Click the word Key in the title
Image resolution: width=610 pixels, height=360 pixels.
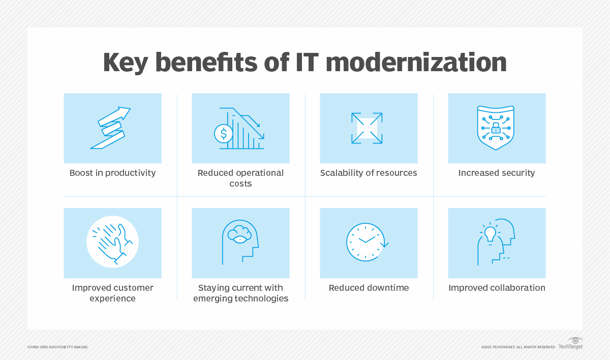tap(126, 63)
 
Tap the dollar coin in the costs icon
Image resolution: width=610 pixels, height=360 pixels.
tap(223, 133)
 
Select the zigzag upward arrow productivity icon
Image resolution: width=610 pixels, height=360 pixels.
tap(111, 128)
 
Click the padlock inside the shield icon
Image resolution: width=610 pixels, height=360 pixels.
tap(496, 129)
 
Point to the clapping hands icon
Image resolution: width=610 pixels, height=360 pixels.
tap(112, 243)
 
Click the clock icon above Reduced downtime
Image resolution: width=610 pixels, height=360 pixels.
tap(368, 243)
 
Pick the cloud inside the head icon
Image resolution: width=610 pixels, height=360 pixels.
tap(238, 234)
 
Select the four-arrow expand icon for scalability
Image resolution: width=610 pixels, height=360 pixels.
tap(367, 128)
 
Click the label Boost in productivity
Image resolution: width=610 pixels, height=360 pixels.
tap(112, 173)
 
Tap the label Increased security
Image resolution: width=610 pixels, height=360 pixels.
tap(497, 173)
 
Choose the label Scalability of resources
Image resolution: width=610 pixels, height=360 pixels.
tap(369, 173)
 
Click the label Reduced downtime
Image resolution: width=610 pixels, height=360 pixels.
tap(369, 288)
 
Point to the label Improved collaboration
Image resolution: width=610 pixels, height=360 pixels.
tap(497, 288)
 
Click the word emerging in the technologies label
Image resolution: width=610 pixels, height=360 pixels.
tap(215, 298)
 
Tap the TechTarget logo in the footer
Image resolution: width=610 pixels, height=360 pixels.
tap(570, 344)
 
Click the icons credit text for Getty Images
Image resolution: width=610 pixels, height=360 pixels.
tap(57, 347)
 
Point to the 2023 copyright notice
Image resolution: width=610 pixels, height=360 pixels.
tap(518, 347)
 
